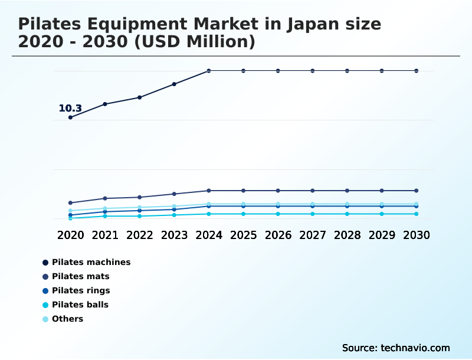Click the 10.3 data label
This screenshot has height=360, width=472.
(70, 108)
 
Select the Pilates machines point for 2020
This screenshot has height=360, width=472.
(70, 117)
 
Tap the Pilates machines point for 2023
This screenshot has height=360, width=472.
(174, 84)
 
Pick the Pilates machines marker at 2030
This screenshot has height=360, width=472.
(417, 71)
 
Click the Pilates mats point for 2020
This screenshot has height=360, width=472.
(70, 202)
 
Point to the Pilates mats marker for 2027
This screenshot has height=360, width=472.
(313, 191)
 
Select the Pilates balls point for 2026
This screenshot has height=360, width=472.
(278, 214)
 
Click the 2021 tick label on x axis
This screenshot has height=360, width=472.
(105, 235)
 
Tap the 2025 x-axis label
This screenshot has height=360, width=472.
(243, 235)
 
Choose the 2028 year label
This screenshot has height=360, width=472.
(347, 235)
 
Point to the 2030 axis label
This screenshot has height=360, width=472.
(417, 235)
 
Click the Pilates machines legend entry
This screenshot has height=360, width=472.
(91, 262)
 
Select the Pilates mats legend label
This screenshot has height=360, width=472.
(80, 276)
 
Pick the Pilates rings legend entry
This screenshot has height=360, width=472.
(81, 290)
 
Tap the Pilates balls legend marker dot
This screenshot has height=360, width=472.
(45, 305)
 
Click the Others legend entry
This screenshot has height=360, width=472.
(67, 319)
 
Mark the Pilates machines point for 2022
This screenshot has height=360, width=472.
(140, 97)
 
